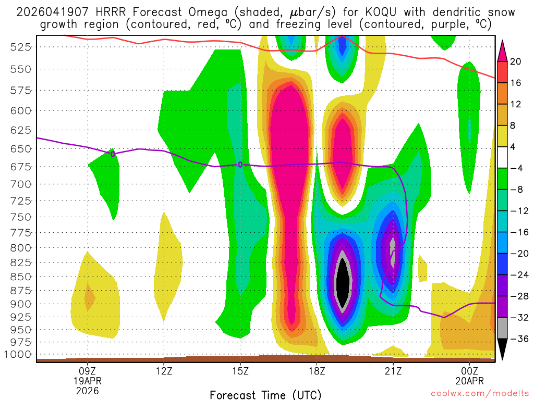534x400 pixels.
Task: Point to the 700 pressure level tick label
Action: pyautogui.click(x=21, y=184)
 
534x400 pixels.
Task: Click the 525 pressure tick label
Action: pyautogui.click(x=21, y=47)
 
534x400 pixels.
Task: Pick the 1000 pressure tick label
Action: pyautogui.click(x=19, y=355)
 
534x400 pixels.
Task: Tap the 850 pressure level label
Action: pyautogui.click(x=21, y=277)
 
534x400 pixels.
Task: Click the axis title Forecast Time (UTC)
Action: pyautogui.click(x=265, y=395)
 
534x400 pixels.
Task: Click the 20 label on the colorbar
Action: pyautogui.click(x=516, y=61)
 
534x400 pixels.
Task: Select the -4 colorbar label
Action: pyautogui.click(x=516, y=168)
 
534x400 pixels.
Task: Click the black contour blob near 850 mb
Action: pyautogui.click(x=343, y=281)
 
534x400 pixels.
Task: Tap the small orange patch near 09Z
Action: pyautogui.click(x=89, y=298)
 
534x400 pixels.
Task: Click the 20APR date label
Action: pyautogui.click(x=470, y=381)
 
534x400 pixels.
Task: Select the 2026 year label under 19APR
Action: pyautogui.click(x=87, y=390)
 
